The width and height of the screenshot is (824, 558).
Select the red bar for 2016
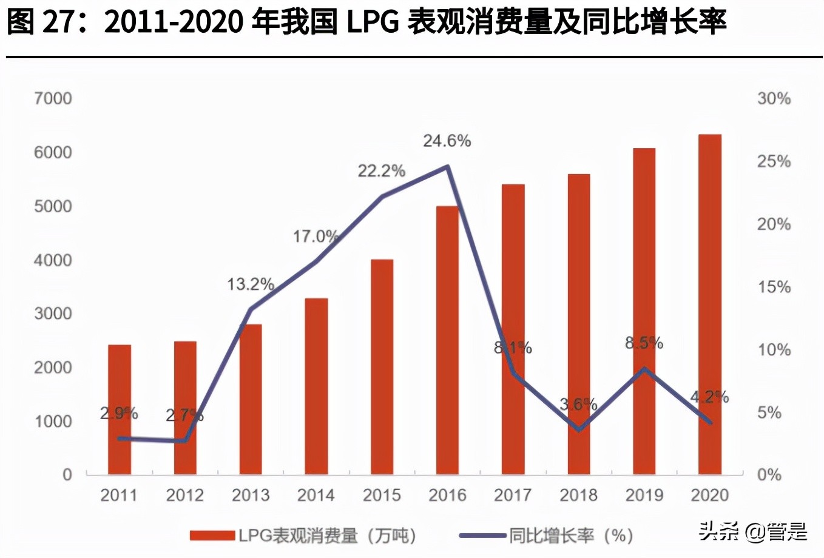447,340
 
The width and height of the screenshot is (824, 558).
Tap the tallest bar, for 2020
710,303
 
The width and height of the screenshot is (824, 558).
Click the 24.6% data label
447,141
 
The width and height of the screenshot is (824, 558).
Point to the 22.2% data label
381,171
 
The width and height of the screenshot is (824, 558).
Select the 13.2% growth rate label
251,284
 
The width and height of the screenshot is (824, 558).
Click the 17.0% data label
316,237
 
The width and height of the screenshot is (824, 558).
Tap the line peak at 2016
447,166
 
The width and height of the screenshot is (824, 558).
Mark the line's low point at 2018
579,429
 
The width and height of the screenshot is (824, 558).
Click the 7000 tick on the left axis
53,98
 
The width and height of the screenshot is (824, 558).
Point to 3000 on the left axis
53,314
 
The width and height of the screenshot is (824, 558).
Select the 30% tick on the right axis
774,98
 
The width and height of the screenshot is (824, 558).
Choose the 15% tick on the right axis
774,287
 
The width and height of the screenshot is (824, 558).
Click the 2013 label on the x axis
251,496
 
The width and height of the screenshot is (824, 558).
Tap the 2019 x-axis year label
644,496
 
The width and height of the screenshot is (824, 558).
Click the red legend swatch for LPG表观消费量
212,536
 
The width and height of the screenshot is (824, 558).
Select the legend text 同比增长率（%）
570,536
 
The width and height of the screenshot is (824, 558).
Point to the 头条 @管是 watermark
752,532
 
